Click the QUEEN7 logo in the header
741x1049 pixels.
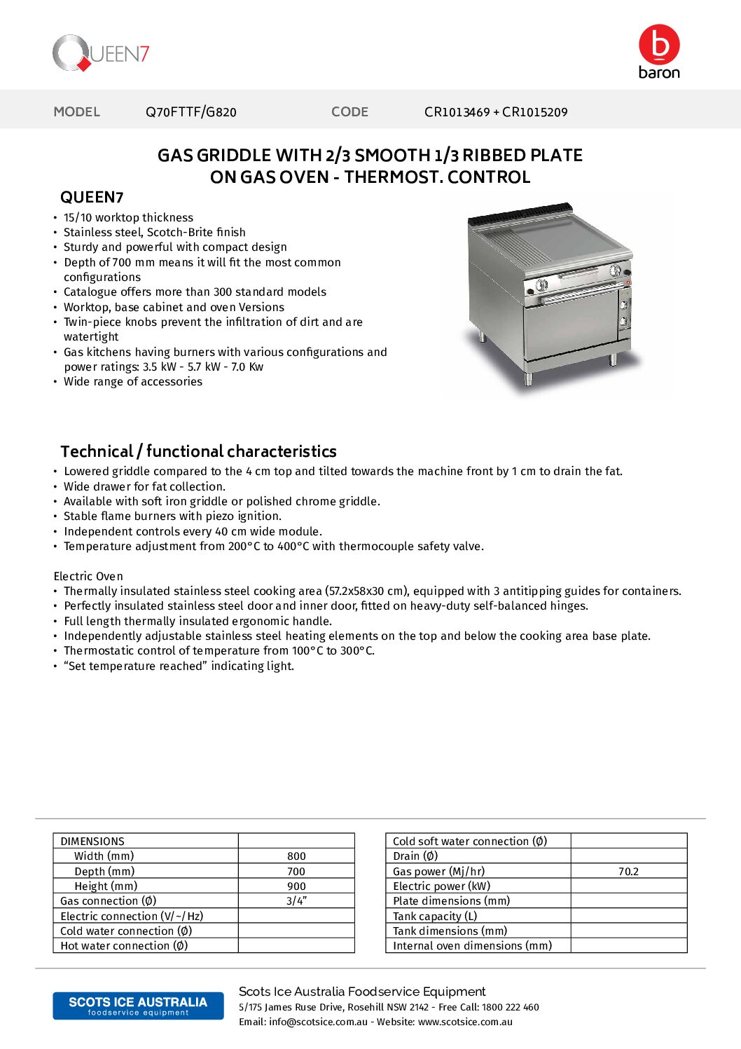pyautogui.click(x=101, y=53)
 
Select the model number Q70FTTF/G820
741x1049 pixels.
pyautogui.click(x=191, y=112)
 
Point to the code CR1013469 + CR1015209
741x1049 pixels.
pyautogui.click(x=496, y=112)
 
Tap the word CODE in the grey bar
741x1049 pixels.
pyautogui.click(x=349, y=112)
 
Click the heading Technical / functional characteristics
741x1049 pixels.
pyautogui.click(x=198, y=451)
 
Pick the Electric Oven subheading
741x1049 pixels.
pyautogui.click(x=88, y=576)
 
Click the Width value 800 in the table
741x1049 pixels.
pyautogui.click(x=296, y=856)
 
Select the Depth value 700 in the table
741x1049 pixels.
pyautogui.click(x=296, y=872)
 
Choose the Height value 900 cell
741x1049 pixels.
pyautogui.click(x=296, y=886)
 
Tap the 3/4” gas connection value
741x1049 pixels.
pyautogui.click(x=296, y=901)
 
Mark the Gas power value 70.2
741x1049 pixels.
pyautogui.click(x=628, y=872)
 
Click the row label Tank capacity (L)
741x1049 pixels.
pyautogui.click(x=435, y=917)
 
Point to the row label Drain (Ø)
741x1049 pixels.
pyautogui.click(x=415, y=856)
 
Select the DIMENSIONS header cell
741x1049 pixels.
pyautogui.click(x=92, y=842)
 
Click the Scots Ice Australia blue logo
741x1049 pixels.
pyautogui.click(x=138, y=1006)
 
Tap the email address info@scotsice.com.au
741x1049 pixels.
pyautogui.click(x=318, y=1022)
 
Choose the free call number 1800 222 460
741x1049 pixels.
pyautogui.click(x=511, y=1008)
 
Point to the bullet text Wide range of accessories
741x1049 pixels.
pyautogui.click(x=133, y=382)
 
